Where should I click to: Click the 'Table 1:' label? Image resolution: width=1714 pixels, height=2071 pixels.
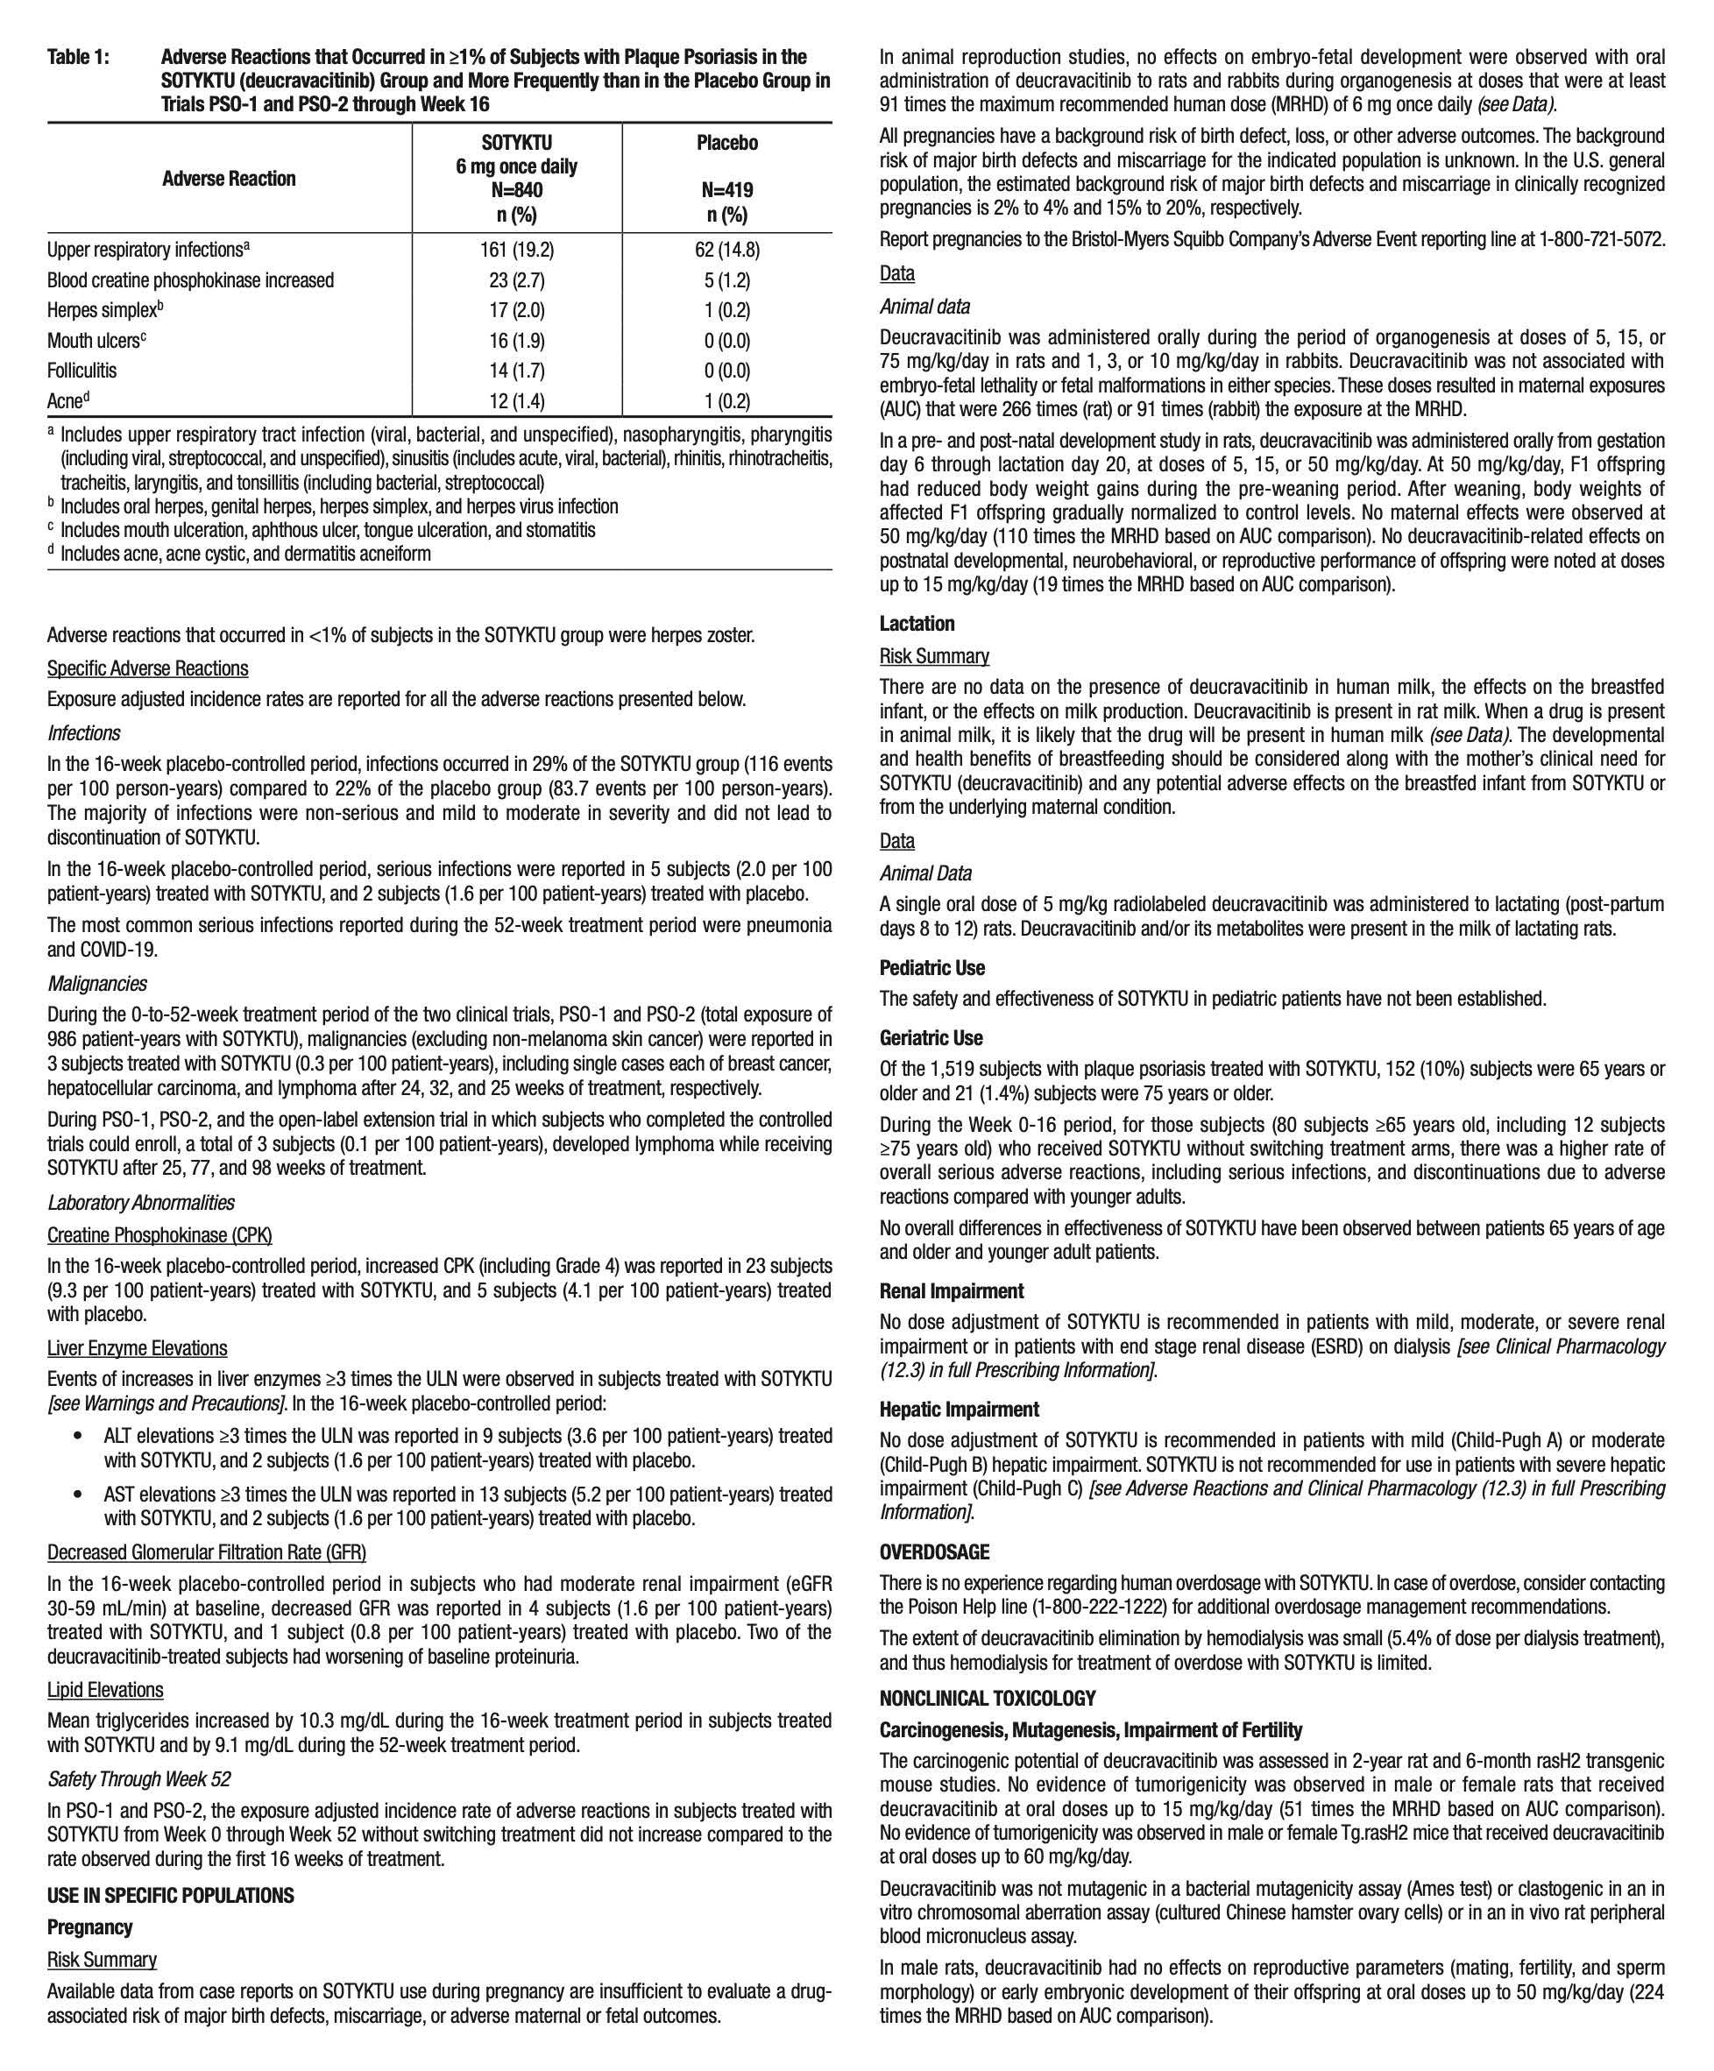click(x=78, y=57)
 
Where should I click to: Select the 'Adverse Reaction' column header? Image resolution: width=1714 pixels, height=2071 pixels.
click(x=229, y=179)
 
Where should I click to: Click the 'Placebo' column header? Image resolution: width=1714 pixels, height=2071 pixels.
click(x=726, y=144)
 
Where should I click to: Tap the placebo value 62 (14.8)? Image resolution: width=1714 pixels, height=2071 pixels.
click(x=726, y=250)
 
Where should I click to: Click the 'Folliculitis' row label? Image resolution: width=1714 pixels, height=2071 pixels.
click(x=81, y=371)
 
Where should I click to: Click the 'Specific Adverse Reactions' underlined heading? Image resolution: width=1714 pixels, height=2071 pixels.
click(x=148, y=668)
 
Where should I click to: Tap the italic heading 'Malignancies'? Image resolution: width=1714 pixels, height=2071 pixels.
click(x=96, y=984)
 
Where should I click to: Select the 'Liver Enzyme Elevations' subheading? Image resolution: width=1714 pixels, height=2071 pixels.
click(x=137, y=1349)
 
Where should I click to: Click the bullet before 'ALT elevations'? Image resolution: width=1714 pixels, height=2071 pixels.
click(x=78, y=1437)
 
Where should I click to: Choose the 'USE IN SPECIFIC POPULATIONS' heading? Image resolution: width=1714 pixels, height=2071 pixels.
click(x=171, y=1897)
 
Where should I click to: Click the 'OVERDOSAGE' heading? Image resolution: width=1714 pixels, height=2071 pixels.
click(x=934, y=1552)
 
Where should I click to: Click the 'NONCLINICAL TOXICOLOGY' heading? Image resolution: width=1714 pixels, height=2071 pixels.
click(x=988, y=1700)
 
